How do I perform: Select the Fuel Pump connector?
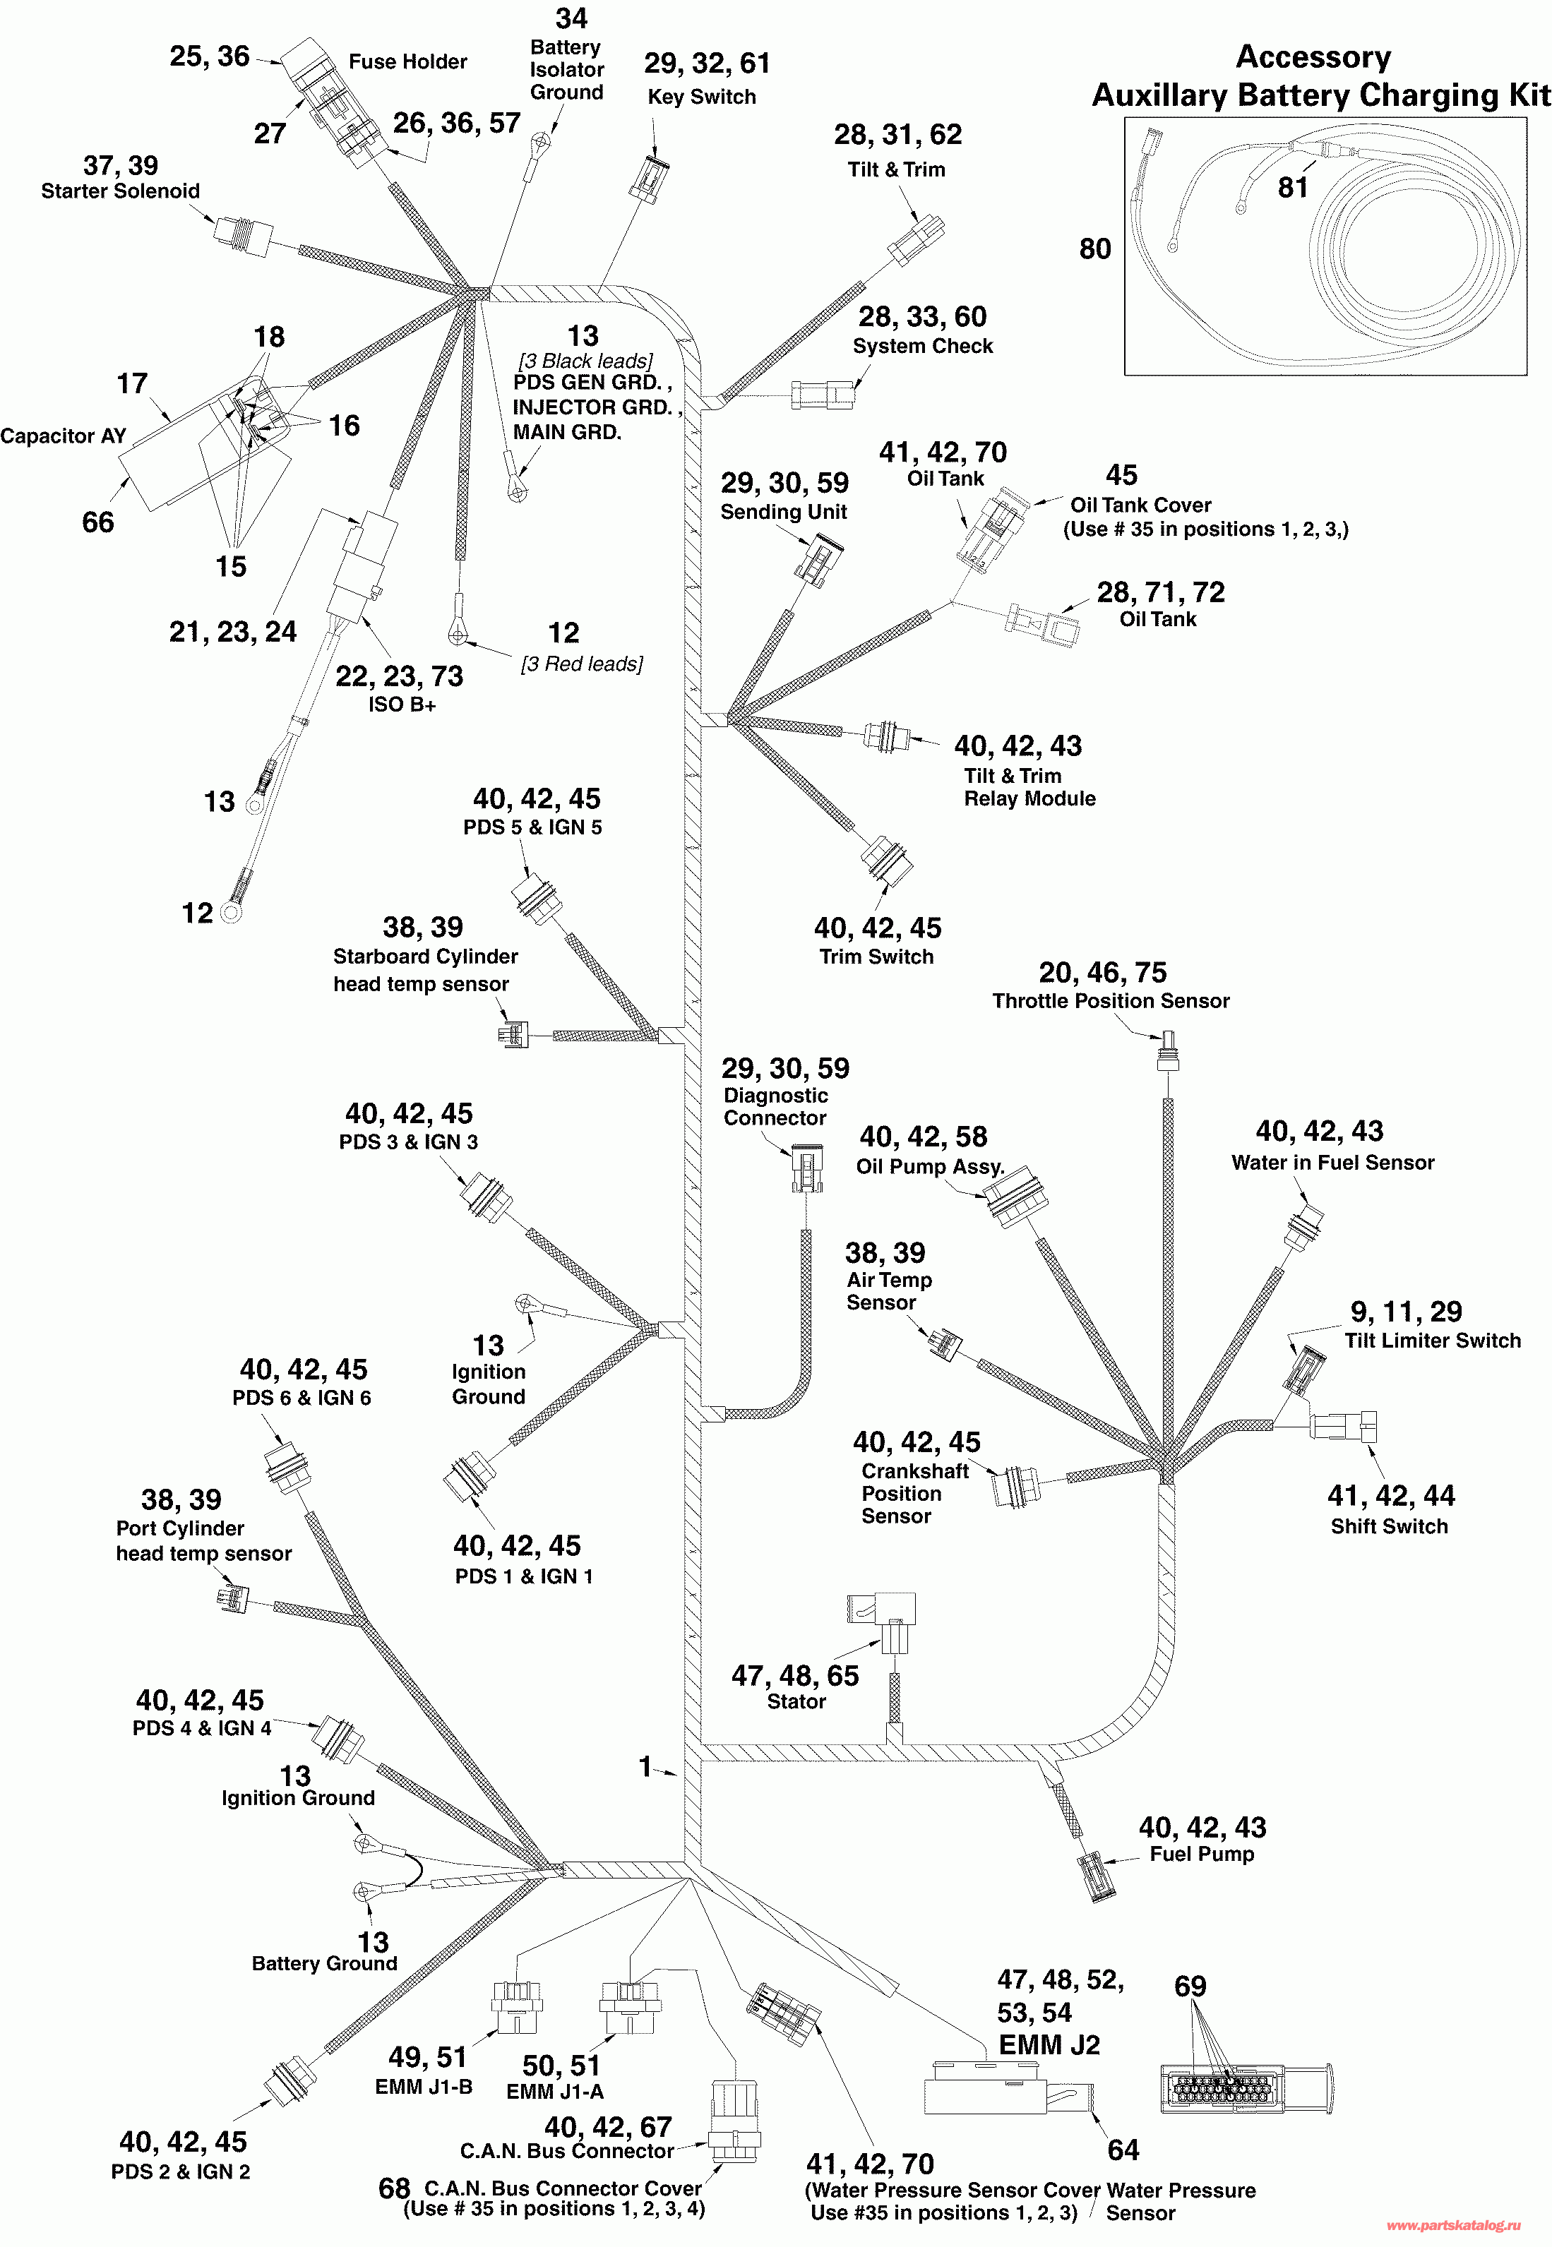[1096, 1876]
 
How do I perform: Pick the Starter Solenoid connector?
[242, 235]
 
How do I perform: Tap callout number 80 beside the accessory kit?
[1095, 249]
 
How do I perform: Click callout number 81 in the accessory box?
[1292, 186]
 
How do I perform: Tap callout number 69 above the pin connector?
[1190, 1985]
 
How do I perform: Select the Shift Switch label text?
[1389, 1526]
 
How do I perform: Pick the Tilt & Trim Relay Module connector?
[888, 736]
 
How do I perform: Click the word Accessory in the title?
[1313, 57]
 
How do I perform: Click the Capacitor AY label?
[64, 436]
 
